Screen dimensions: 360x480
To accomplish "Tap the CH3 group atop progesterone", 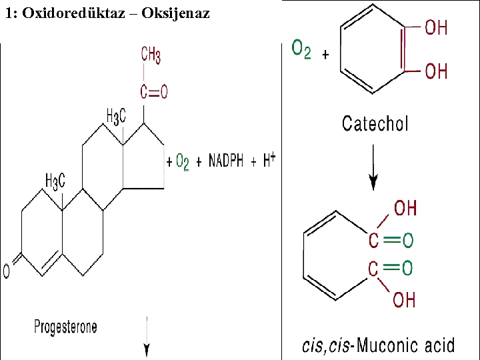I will pyautogui.click(x=151, y=56).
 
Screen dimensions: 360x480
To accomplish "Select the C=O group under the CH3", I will pyautogui.click(x=153, y=92).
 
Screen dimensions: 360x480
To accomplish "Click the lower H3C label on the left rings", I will pyautogui.click(x=55, y=181).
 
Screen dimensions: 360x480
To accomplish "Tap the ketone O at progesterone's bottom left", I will pyautogui.click(x=7, y=271).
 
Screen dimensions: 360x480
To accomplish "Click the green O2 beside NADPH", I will pyautogui.click(x=182, y=162).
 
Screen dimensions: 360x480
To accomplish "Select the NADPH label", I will pyautogui.click(x=226, y=162).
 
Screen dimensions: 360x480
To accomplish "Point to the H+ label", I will pyautogui.click(x=269, y=160).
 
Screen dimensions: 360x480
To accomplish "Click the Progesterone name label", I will pyautogui.click(x=65, y=327).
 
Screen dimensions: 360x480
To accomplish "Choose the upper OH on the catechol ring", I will pyautogui.click(x=436, y=28).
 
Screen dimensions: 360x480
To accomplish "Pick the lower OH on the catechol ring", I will pyautogui.click(x=436, y=71).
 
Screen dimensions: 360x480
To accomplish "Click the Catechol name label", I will pyautogui.click(x=375, y=123).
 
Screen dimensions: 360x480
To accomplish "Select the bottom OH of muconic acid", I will pyautogui.click(x=405, y=300).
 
